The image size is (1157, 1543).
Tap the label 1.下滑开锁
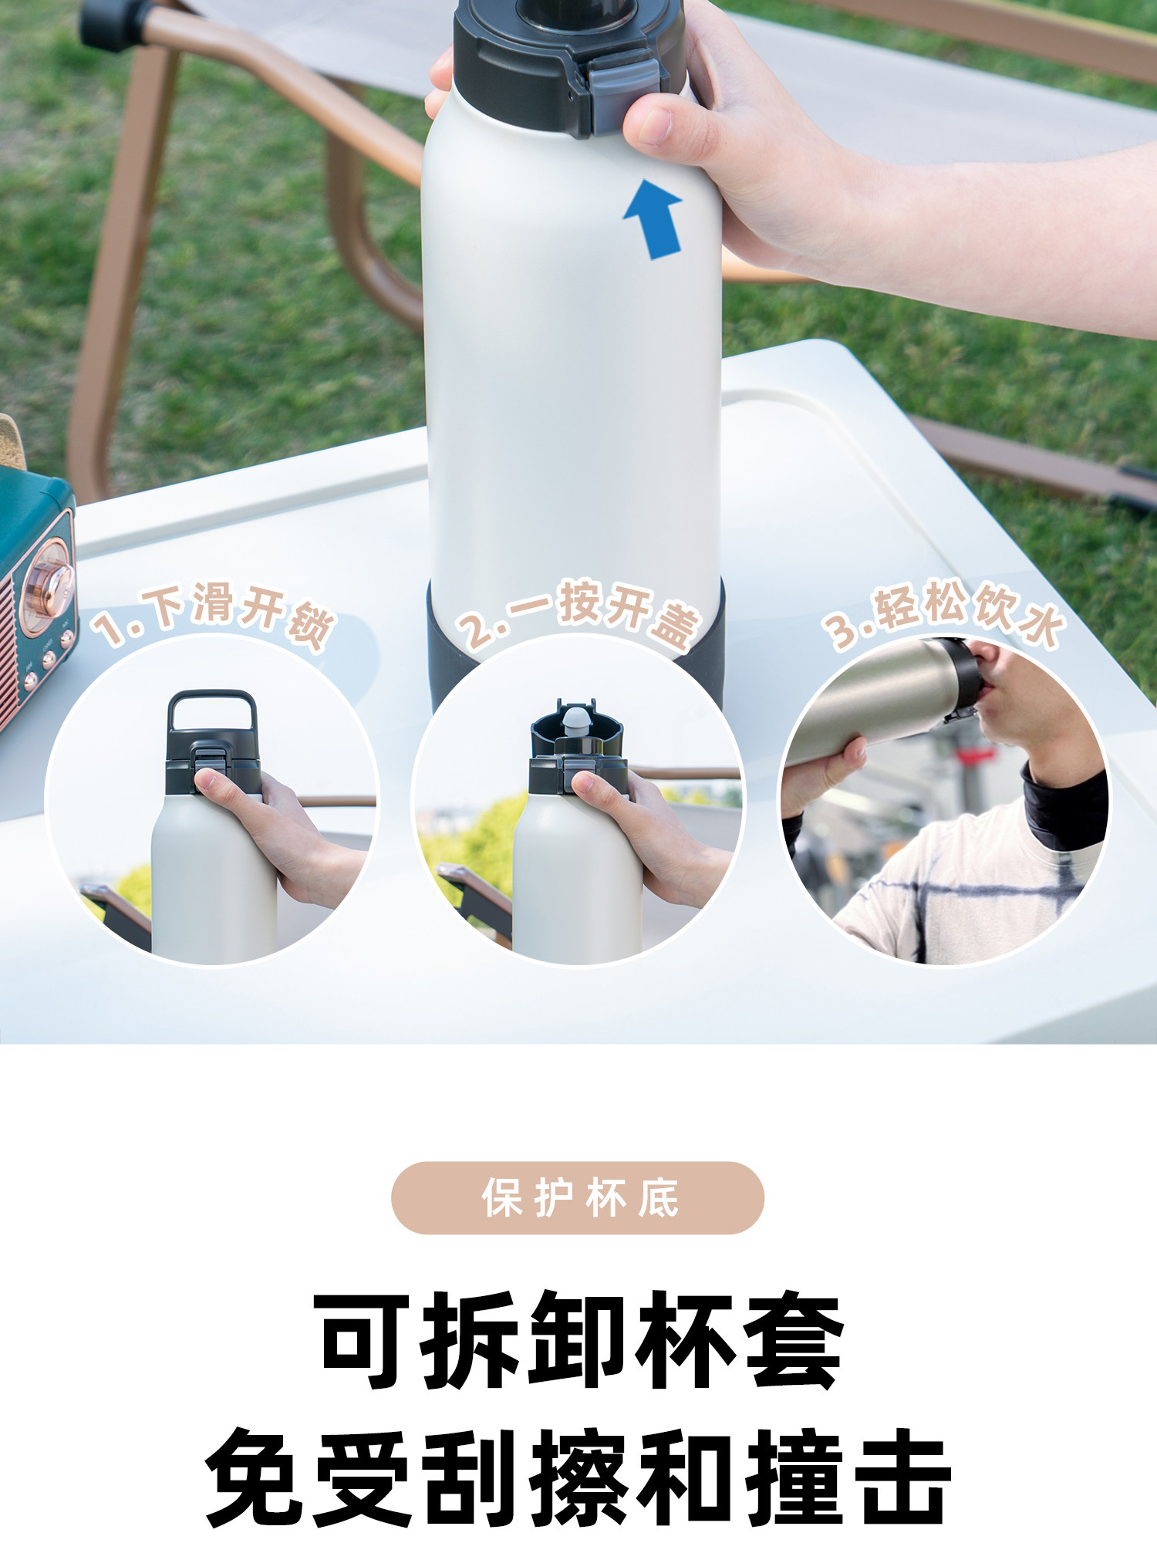tap(214, 615)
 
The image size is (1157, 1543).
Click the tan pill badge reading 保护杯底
tap(578, 1198)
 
